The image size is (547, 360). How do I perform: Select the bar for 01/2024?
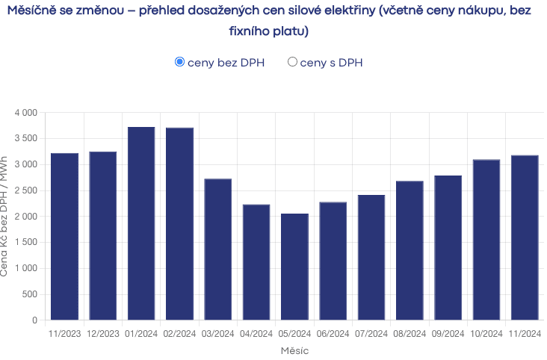(x=141, y=223)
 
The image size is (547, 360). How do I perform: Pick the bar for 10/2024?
(x=486, y=240)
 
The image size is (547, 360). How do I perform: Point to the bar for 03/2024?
(x=217, y=249)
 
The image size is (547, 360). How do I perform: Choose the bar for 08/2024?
(x=410, y=250)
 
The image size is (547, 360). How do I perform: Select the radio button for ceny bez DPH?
(x=179, y=62)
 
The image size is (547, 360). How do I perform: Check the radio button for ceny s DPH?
(x=293, y=62)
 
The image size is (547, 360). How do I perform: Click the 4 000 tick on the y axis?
(x=25, y=113)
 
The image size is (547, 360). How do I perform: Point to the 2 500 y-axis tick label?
(x=25, y=190)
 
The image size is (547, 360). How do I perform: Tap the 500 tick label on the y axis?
(x=30, y=294)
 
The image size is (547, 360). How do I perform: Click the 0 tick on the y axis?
(x=34, y=320)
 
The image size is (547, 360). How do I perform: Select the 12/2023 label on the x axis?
(x=102, y=334)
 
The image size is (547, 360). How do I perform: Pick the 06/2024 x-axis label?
(x=333, y=334)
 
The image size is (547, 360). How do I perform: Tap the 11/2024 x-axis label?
(x=524, y=334)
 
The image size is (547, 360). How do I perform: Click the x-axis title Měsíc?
(x=294, y=350)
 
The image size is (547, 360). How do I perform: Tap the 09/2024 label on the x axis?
(x=448, y=334)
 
